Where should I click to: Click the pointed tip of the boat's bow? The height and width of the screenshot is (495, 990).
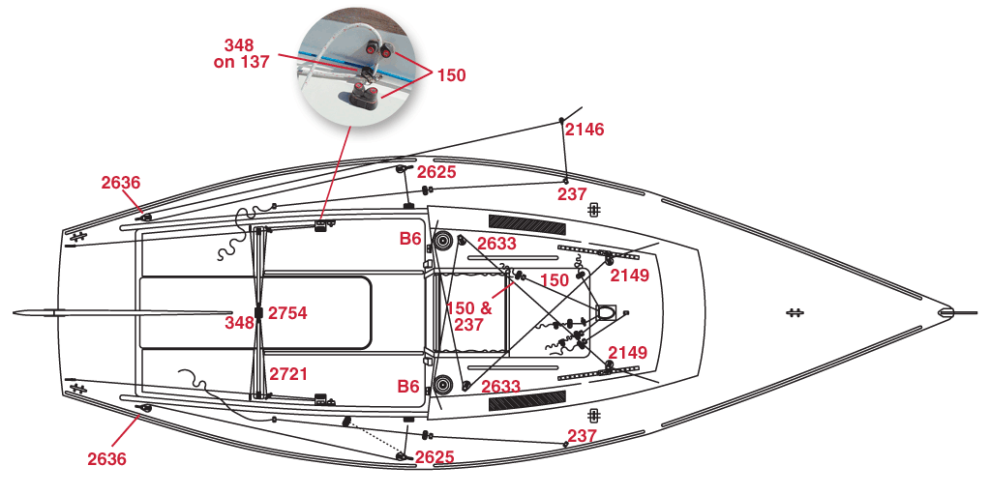coord(945,312)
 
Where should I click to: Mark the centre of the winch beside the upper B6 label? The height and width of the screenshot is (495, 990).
coord(441,241)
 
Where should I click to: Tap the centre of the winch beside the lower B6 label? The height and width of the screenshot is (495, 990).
coord(442,384)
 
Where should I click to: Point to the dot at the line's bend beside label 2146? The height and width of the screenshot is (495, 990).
coord(561,120)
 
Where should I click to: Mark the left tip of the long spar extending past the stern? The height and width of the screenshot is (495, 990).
coord(14,312)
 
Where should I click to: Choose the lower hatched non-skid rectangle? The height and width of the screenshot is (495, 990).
coord(527,400)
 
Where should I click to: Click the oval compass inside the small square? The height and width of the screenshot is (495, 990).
coord(606,312)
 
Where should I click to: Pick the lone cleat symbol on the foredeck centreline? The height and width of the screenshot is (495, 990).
coord(794,312)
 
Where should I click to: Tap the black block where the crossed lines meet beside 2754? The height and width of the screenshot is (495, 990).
coord(258,312)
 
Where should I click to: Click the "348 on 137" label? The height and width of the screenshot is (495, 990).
coord(241,53)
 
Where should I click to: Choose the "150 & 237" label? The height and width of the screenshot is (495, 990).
coord(469,316)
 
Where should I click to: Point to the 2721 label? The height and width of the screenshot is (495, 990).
coord(288,374)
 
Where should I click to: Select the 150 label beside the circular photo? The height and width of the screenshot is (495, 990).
coord(451,75)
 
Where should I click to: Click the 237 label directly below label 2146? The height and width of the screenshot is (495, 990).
coord(572,194)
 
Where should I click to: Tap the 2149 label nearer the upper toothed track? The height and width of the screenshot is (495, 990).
coord(629,275)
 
